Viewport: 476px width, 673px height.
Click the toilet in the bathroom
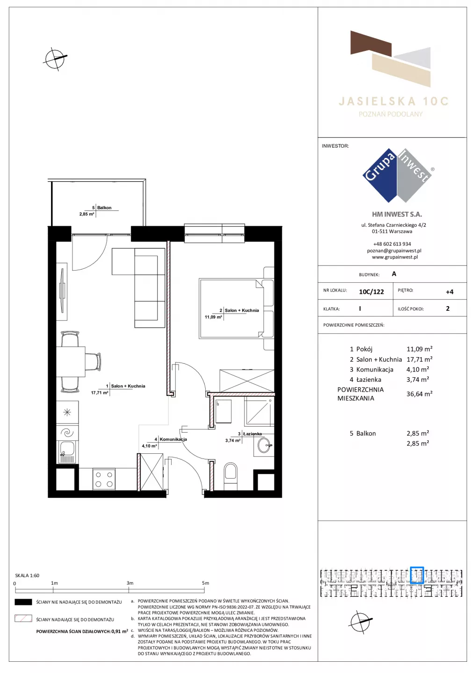pos(231,476)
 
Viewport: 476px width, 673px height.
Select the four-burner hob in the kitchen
pos(104,479)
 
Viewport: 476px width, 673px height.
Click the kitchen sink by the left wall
pos(67,451)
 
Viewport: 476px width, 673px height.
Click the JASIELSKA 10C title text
pos(393,101)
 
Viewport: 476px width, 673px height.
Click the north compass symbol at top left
pos(55,59)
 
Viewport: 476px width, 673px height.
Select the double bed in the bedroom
pos(236,308)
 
